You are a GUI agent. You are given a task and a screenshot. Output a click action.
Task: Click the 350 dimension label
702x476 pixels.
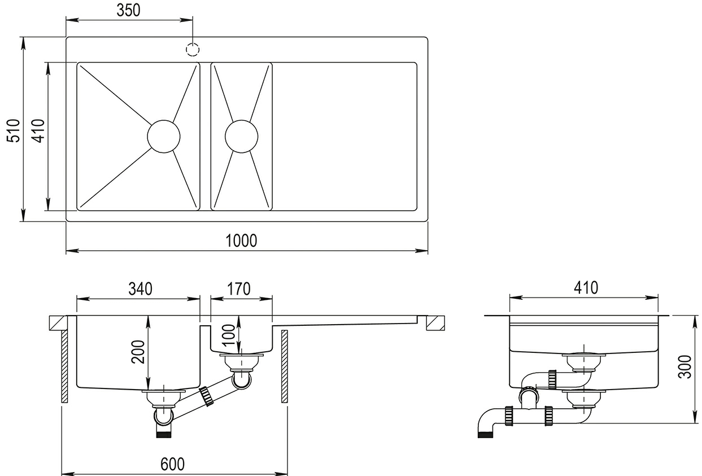[x=129, y=10]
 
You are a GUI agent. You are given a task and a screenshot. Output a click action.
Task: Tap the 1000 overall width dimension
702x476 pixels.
[x=241, y=241]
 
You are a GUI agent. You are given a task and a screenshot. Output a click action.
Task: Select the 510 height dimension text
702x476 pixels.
[x=14, y=130]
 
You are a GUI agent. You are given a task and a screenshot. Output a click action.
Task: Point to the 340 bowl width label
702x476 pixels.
[x=141, y=289]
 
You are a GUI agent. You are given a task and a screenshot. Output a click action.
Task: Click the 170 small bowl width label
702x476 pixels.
[x=239, y=289]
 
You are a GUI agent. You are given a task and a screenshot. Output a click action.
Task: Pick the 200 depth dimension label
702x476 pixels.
[x=138, y=352]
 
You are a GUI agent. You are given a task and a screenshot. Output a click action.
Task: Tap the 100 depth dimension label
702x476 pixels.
[x=229, y=335]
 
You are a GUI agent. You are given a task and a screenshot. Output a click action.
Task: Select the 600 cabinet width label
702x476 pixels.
[x=172, y=464]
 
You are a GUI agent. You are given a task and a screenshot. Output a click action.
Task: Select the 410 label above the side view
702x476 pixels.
[x=586, y=287]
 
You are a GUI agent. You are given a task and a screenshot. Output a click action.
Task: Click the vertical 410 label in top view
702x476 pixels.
[x=39, y=130]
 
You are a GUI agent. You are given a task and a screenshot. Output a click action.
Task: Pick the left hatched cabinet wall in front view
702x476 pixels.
[x=64, y=366]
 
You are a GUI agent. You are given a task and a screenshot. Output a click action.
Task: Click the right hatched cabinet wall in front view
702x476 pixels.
[x=285, y=366]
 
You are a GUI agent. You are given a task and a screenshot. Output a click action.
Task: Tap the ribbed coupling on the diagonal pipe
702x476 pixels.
[x=207, y=396]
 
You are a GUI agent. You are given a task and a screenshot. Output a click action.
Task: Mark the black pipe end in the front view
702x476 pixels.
[x=164, y=435]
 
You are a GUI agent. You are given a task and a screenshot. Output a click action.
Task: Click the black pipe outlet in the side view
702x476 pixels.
[x=486, y=435]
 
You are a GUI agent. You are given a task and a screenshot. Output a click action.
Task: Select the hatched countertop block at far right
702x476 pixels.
[x=435, y=324]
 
